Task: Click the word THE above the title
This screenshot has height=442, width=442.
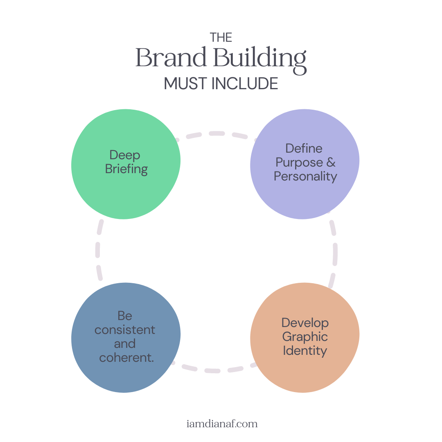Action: click(x=221, y=38)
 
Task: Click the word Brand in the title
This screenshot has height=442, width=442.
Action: click(x=171, y=58)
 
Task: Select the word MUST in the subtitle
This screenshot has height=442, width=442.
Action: click(x=185, y=83)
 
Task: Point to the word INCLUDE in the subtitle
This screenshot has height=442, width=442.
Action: click(x=245, y=83)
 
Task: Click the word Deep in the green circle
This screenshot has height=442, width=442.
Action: click(x=125, y=156)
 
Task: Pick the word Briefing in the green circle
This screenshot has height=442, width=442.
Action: click(x=126, y=169)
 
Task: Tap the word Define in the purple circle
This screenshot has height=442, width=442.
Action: click(x=304, y=148)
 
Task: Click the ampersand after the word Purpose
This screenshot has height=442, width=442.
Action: click(x=331, y=162)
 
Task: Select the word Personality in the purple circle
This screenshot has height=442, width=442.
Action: click(x=305, y=176)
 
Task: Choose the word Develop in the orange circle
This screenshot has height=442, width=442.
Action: click(x=305, y=323)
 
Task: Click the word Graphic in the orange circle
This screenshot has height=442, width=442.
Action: click(x=305, y=337)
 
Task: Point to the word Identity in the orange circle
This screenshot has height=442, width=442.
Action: click(x=305, y=351)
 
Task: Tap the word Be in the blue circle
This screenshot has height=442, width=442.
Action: click(x=125, y=316)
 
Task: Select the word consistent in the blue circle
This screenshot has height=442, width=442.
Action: click(x=125, y=330)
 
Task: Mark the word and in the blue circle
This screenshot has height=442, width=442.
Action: click(x=125, y=344)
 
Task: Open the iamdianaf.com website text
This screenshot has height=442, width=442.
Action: click(x=221, y=424)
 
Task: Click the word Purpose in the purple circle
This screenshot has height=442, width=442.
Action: click(x=299, y=162)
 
